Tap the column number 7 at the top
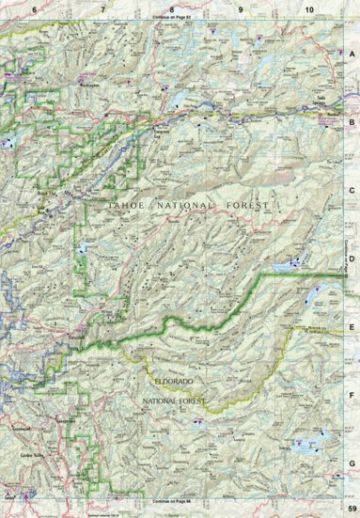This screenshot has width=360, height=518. point(102,8)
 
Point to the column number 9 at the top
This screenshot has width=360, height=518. point(242,8)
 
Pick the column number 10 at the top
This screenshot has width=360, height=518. point(309,8)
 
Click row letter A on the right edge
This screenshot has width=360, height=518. point(352,54)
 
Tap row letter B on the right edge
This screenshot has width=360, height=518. point(352,122)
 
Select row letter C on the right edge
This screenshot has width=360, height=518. point(352,191)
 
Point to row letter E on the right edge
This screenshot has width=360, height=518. point(352,328)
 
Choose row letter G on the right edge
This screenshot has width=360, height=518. point(352,463)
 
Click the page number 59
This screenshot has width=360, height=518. point(350,509)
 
